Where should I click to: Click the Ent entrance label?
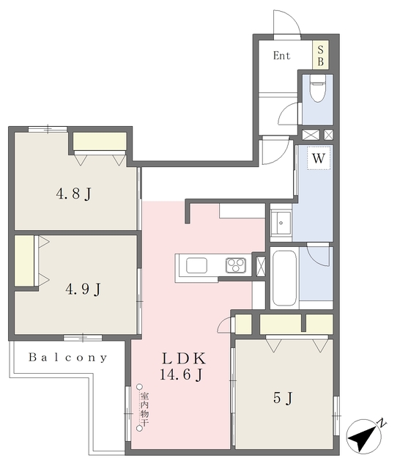(281, 56)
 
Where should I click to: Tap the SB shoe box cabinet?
(320, 55)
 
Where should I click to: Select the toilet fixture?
(317, 88)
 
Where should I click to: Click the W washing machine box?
(319, 158)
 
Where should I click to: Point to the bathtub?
(284, 278)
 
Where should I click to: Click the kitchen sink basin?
(196, 265)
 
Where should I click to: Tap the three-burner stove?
(236, 265)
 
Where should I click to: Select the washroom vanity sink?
(281, 223)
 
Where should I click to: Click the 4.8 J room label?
(73, 194)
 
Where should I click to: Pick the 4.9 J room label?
(83, 289)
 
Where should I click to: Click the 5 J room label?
(283, 398)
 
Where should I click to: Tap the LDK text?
(184, 358)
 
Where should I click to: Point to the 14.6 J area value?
(182, 374)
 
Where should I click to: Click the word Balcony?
(68, 358)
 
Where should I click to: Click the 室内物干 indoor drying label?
(145, 408)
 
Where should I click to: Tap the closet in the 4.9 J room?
(24, 261)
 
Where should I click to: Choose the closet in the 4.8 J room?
(100, 141)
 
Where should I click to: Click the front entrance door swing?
(287, 23)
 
